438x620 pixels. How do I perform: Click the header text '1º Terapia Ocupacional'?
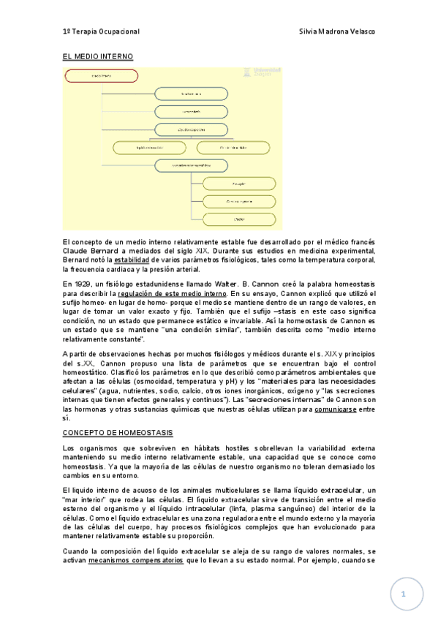(x=101, y=33)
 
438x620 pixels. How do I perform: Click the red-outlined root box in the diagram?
(x=102, y=75)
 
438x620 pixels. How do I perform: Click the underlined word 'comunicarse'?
(x=337, y=409)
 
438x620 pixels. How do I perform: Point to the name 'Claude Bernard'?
(x=88, y=250)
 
